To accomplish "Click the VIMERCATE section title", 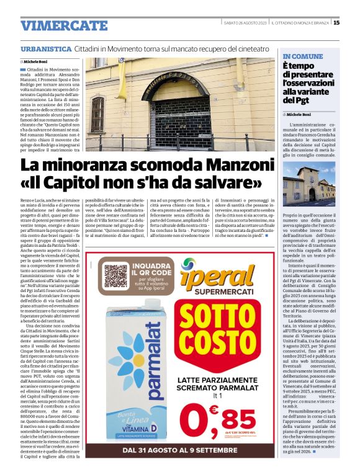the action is [64, 25].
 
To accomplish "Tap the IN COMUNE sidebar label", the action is [302, 56].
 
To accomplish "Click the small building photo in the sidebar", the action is [309, 184].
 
